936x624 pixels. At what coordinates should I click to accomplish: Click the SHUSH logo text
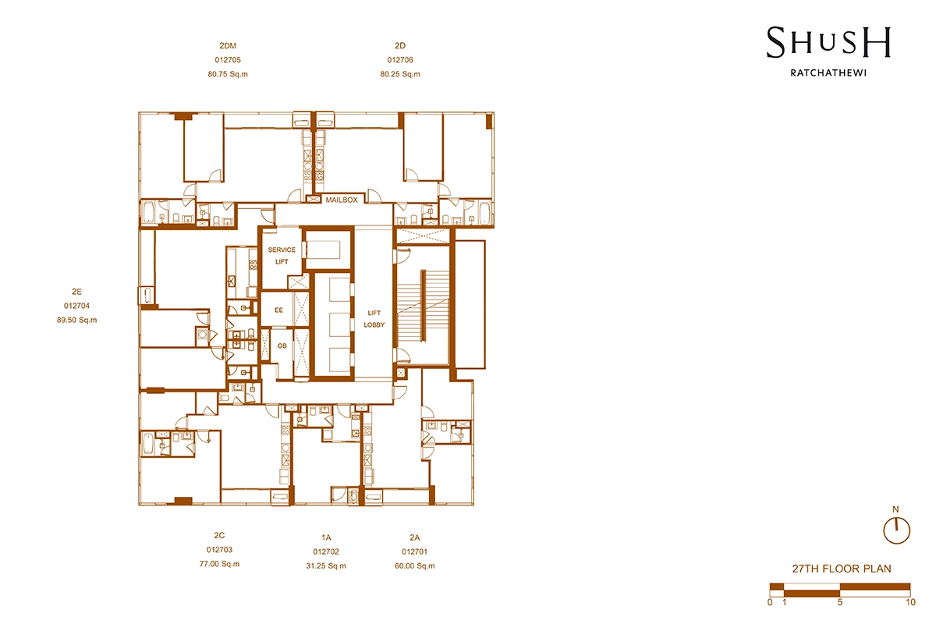[828, 42]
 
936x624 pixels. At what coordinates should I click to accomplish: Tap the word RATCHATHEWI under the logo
[828, 76]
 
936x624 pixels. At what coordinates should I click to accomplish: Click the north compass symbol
[896, 529]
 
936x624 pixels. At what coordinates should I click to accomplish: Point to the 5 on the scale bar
[839, 601]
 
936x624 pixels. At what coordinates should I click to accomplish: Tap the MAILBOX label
[342, 200]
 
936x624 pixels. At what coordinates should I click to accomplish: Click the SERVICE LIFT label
[282, 255]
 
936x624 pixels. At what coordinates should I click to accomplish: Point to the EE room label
[278, 310]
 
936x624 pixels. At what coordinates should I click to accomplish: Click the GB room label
[282, 345]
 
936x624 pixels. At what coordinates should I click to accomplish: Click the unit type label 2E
[76, 292]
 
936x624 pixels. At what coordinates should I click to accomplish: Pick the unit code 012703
[219, 551]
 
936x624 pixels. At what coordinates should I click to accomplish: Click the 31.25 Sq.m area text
[326, 565]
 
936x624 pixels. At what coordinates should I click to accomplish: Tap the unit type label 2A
[414, 537]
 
